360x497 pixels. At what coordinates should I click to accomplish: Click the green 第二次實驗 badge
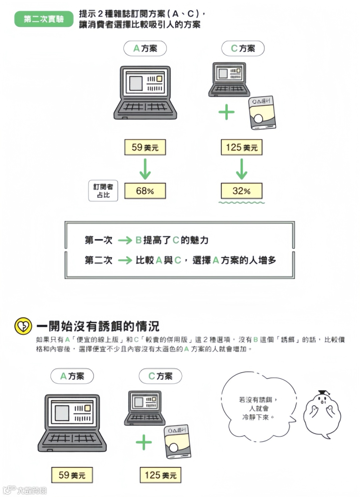pos(44,19)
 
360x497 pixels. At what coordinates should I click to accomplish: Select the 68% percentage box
pos(145,191)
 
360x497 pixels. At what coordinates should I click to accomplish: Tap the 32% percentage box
pos(241,191)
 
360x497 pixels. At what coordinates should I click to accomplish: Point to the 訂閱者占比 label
pos(103,191)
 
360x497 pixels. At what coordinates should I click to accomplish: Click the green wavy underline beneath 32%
pos(242,202)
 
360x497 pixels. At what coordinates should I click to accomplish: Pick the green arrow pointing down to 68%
pos(145,169)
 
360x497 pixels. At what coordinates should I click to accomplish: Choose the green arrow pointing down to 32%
pos(241,169)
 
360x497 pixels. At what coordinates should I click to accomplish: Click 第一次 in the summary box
pos(99,240)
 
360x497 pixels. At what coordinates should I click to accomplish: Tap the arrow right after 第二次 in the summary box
pos(125,260)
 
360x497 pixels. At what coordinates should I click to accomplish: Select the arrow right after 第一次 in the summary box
pos(125,240)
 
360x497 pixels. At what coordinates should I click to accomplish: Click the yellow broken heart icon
pos(23,326)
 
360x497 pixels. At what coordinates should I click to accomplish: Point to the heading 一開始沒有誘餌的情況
pos(98,326)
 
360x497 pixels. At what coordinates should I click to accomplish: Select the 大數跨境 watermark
pos(32,490)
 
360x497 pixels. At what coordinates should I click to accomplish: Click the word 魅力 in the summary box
pos(199,240)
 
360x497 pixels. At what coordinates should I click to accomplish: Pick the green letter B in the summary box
pos(139,240)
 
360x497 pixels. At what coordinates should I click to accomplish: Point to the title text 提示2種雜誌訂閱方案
pos(140,14)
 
